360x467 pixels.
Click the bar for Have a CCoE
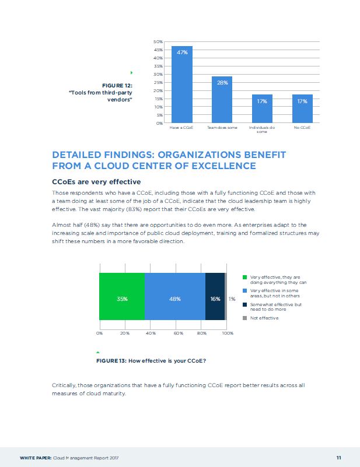[182, 85]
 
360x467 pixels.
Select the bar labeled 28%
[222, 100]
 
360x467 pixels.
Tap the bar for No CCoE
[302, 108]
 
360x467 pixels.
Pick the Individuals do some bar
[262, 108]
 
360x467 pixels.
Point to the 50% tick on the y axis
[158, 42]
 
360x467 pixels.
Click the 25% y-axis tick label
[158, 83]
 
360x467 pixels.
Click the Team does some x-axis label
[222, 127]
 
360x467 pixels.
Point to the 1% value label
[232, 299]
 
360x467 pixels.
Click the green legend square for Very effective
[244, 278]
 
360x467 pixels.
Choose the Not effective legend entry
[264, 318]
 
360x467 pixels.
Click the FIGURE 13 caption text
[151, 361]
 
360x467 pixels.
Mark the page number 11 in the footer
[338, 456]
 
